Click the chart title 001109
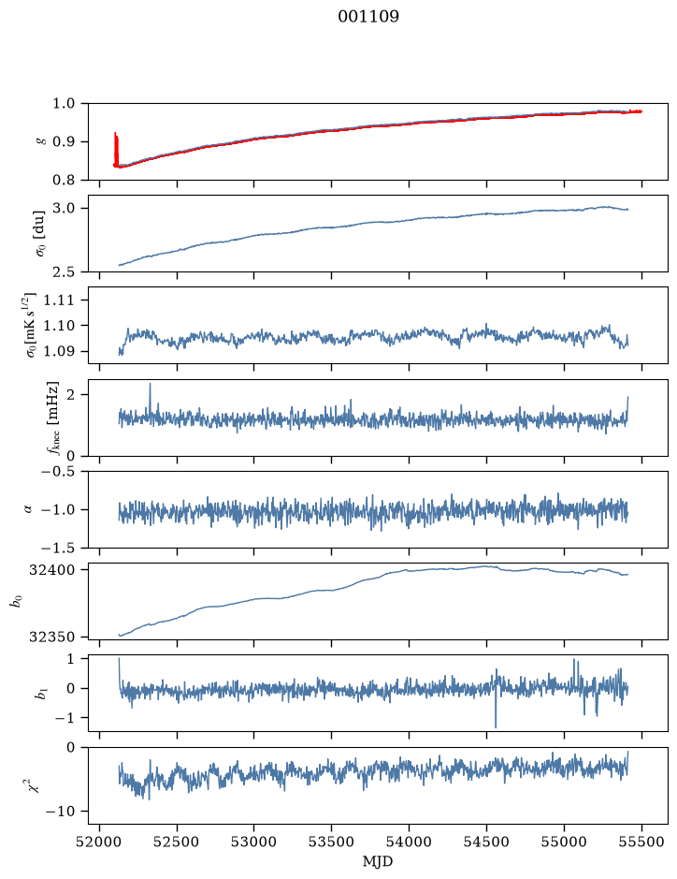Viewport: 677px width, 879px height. click(x=368, y=17)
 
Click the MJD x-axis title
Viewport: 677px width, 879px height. click(x=378, y=861)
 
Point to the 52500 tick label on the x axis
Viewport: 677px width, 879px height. click(x=177, y=842)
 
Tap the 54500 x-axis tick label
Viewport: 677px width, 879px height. click(x=486, y=842)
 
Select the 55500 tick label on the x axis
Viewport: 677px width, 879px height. click(x=641, y=842)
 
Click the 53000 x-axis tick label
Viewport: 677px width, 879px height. click(x=254, y=842)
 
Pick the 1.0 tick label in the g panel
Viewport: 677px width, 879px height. click(x=64, y=103)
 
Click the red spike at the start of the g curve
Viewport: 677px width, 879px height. click(x=116, y=149)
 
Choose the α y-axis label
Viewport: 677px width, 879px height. click(x=29, y=509)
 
